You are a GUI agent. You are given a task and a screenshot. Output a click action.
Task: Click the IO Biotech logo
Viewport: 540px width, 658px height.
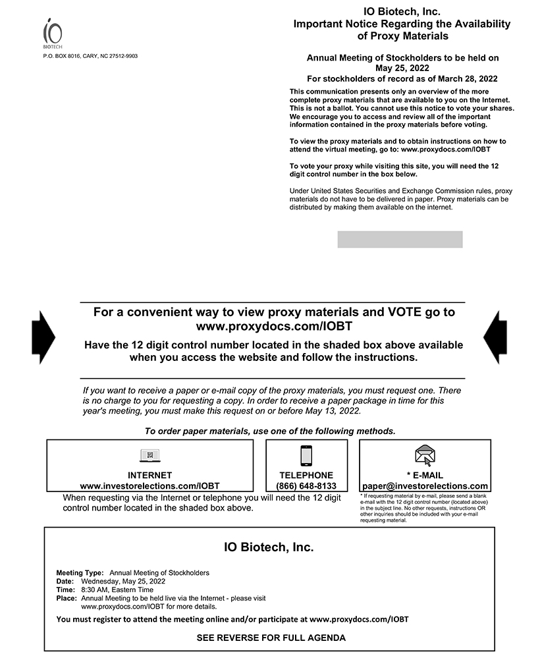coord(53,34)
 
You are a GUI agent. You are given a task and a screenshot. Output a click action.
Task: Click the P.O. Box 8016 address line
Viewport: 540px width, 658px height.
coord(90,56)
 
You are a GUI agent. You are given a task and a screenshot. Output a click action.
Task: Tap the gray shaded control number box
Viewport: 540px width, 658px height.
coord(400,239)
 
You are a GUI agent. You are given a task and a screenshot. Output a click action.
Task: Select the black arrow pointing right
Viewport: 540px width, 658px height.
coord(43,337)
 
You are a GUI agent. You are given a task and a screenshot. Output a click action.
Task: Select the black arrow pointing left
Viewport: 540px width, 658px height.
coord(495,337)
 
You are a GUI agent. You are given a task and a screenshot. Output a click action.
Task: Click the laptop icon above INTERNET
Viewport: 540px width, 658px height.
coord(150,455)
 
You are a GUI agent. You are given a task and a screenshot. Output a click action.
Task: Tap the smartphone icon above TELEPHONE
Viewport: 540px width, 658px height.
coord(306,455)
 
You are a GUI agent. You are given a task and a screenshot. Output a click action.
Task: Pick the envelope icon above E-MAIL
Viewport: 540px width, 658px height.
coord(425,455)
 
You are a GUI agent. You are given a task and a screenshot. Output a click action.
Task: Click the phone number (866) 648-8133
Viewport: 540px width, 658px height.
coord(306,486)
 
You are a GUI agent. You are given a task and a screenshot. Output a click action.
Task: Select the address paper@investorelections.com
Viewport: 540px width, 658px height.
coord(425,486)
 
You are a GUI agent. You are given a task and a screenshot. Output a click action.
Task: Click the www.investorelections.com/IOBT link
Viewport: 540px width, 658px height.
coord(150,486)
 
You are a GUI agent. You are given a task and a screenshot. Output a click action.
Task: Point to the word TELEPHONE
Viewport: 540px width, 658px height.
coord(306,475)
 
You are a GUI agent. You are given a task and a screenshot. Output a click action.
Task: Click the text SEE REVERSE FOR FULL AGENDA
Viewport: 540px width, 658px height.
coord(271,638)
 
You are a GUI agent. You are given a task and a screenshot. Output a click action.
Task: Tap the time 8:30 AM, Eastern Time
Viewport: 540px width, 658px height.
coord(116,590)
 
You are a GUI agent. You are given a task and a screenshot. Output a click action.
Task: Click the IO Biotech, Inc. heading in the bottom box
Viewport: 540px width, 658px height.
coord(269,547)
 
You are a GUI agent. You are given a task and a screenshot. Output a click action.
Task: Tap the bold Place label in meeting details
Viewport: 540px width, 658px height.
coord(67,599)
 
